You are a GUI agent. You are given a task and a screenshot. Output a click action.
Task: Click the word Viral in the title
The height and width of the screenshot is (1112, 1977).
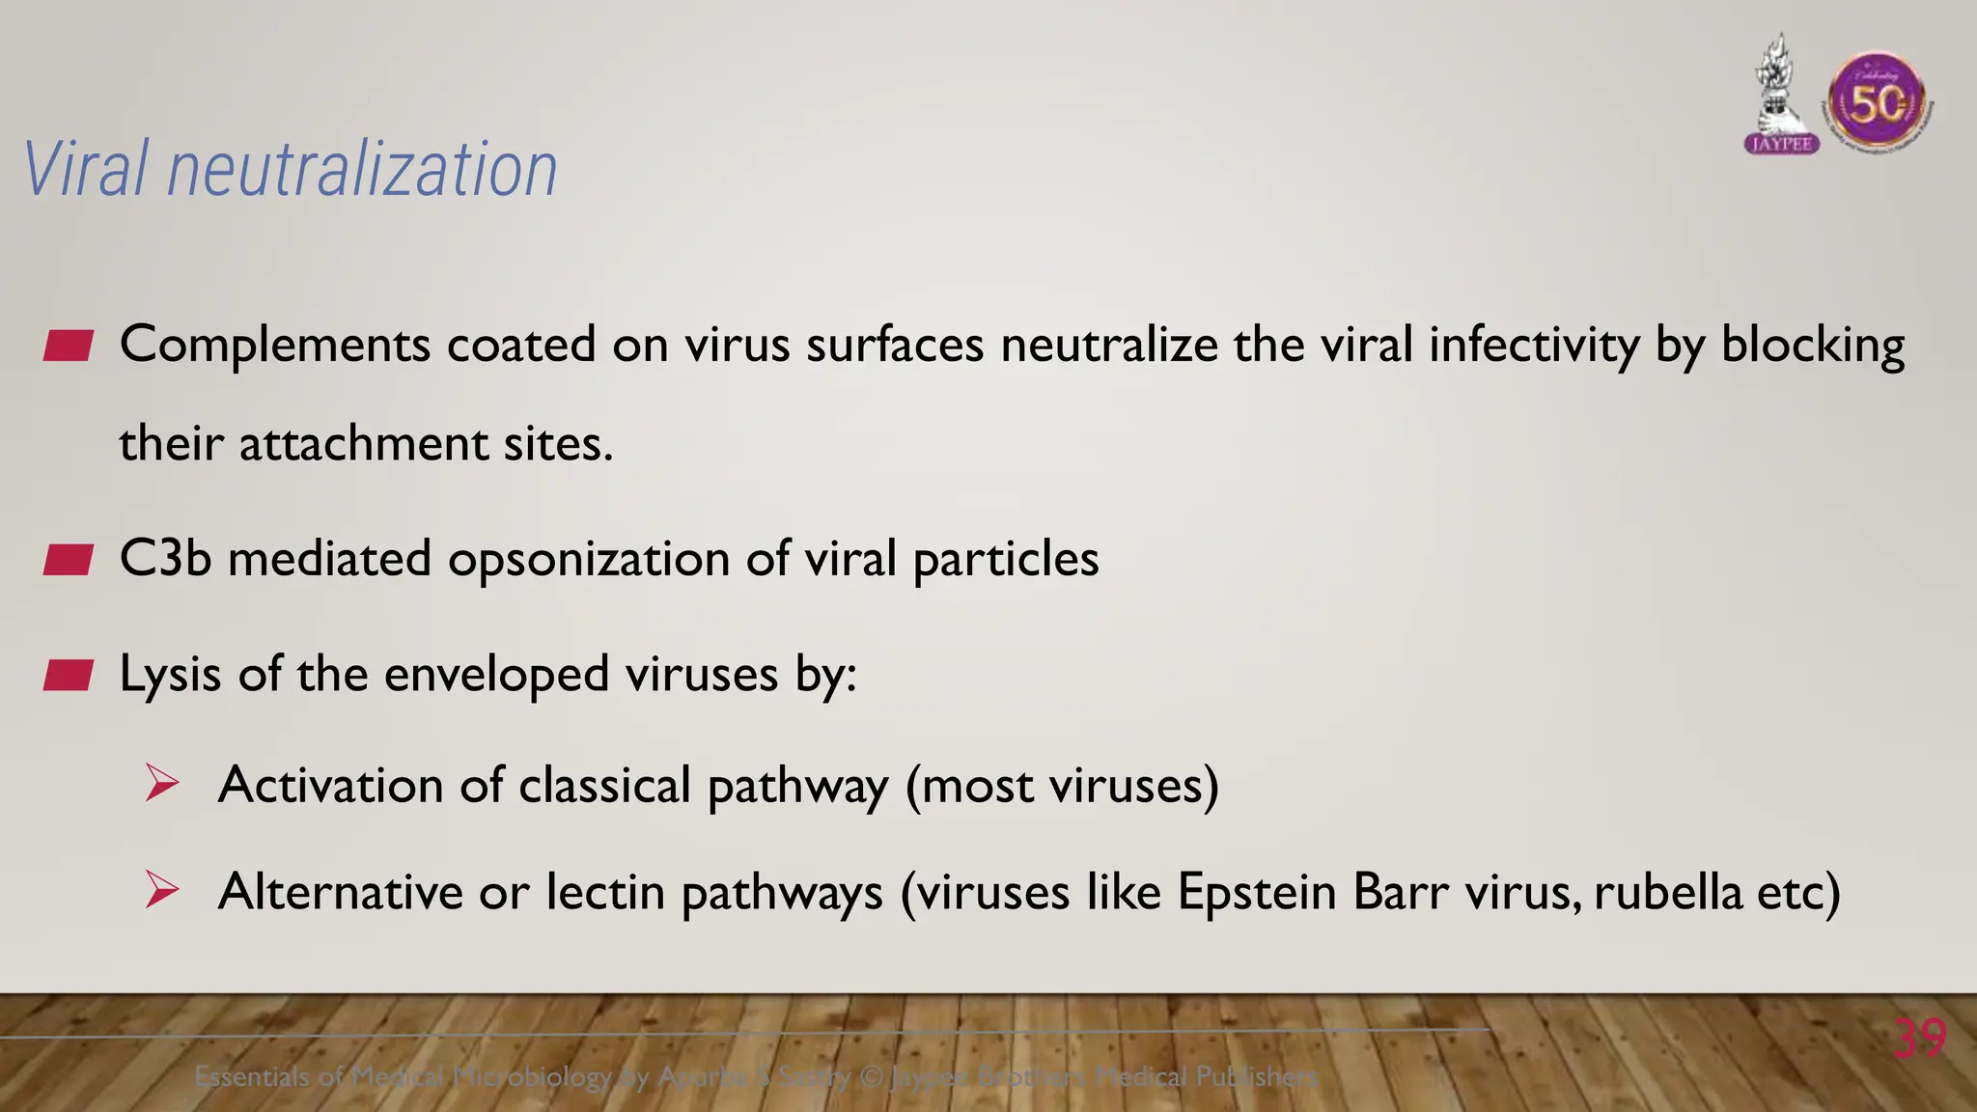[x=86, y=169]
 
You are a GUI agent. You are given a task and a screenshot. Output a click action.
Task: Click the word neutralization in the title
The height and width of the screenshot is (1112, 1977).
[x=362, y=169]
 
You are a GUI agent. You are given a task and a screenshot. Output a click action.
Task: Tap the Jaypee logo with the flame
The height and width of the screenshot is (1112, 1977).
[x=1781, y=97]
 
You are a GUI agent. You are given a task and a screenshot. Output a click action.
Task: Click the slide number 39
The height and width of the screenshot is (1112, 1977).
[x=1919, y=1039]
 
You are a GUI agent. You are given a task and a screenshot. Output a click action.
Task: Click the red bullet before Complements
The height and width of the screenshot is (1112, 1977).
[x=68, y=346]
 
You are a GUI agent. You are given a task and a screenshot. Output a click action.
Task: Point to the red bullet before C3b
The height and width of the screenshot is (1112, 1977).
[x=68, y=560]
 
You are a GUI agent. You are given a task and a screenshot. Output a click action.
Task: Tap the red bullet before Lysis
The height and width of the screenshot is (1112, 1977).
[x=68, y=676]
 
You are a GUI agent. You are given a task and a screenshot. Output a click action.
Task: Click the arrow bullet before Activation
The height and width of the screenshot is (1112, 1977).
[x=162, y=783]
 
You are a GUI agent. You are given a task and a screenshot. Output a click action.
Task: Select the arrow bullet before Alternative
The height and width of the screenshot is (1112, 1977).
[x=162, y=889]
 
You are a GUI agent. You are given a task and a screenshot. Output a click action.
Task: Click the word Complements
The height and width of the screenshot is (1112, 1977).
[x=275, y=346]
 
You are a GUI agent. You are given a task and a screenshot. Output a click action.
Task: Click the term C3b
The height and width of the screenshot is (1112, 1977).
[x=165, y=559]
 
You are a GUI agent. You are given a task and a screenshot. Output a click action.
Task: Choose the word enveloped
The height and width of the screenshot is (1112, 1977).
[x=496, y=675]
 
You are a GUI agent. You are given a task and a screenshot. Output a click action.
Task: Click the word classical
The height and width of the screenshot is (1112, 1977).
[x=604, y=785]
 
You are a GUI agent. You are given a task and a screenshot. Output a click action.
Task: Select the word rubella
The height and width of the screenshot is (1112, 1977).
[x=1667, y=891]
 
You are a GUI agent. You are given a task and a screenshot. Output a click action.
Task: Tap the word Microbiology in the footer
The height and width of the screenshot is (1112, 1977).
[x=532, y=1076]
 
